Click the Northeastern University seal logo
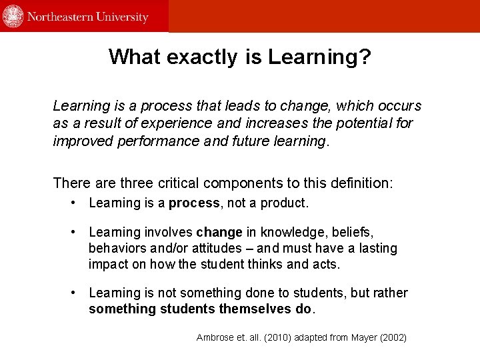13,16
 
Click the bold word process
194,203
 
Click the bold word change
219,233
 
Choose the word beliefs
352,233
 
